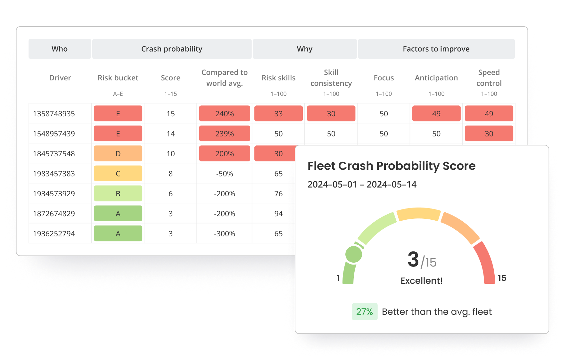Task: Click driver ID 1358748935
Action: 54,114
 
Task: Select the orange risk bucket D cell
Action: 118,153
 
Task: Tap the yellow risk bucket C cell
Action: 118,174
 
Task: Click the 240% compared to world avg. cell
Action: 224,114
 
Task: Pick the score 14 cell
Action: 170,134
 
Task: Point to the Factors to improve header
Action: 436,49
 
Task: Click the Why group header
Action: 304,49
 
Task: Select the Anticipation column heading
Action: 436,78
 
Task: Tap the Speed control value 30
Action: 489,134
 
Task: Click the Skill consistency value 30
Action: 331,114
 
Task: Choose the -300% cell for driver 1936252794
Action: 224,233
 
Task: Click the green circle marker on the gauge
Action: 354,255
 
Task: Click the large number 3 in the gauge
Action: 413,259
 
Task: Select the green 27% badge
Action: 364,312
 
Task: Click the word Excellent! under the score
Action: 421,281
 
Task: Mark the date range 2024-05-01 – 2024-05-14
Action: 362,184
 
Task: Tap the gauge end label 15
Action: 502,278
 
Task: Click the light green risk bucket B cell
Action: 118,193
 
